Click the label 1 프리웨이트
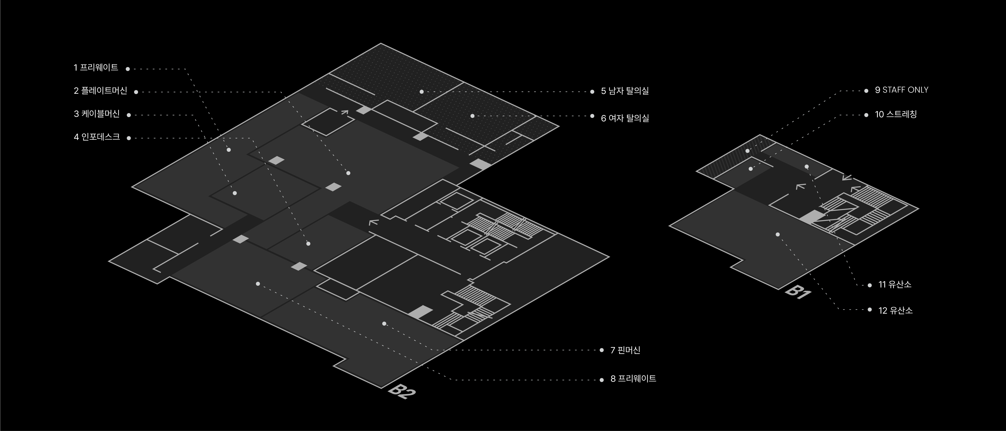96,68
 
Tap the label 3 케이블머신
97,114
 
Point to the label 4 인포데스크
97,137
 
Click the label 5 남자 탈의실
625,91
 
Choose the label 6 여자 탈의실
625,118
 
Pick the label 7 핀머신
625,350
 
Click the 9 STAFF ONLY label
901,90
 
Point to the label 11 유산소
895,284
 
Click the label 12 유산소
895,310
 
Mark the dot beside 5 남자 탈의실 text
592,92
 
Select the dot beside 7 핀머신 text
601,350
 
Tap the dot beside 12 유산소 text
870,310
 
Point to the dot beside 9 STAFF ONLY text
866,90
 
